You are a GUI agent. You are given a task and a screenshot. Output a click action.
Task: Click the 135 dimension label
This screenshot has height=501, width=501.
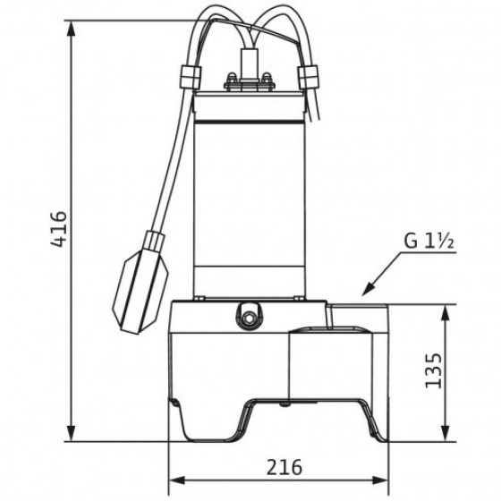(433, 370)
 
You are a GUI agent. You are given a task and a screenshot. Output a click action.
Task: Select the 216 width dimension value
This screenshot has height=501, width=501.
(284, 467)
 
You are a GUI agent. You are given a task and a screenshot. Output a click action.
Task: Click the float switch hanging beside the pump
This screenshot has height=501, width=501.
(144, 265)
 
